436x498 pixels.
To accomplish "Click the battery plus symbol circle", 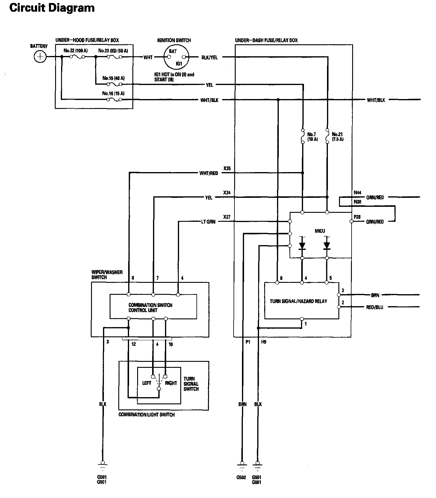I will (40, 57).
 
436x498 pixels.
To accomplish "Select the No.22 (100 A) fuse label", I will (75, 51).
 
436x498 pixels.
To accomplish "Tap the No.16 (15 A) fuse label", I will (113, 93).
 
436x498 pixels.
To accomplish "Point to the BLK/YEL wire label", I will (210, 57).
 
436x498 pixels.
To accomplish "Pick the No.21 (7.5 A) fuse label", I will (337, 137).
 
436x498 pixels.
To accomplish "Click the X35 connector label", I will (227, 169).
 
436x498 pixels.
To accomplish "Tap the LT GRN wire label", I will (208, 222).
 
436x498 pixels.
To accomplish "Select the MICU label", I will (320, 231).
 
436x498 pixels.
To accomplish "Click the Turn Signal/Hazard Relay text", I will (298, 301).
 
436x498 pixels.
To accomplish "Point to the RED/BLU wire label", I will (374, 307).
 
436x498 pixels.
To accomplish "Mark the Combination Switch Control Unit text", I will (150, 308).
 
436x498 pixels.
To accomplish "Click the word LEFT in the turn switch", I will (146, 383).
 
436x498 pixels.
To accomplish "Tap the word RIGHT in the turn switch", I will (171, 383).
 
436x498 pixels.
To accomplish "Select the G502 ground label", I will (241, 477).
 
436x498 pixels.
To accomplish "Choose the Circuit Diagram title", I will (52, 8).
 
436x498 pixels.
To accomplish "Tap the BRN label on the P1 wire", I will (242, 404).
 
